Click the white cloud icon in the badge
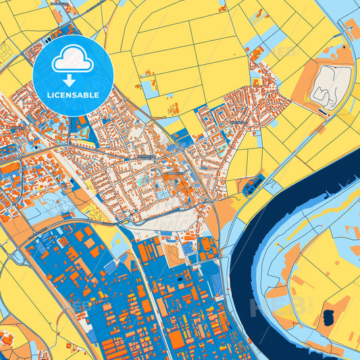coord(72,60)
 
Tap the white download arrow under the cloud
coord(72,80)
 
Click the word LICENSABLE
coord(72,95)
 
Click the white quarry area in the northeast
coord(330,84)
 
